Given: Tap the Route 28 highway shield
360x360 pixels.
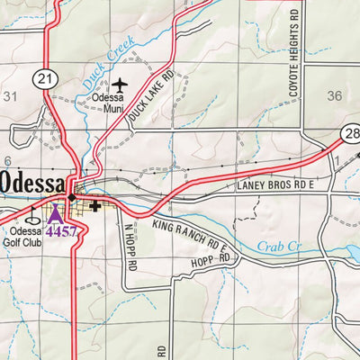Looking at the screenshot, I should (x=351, y=134).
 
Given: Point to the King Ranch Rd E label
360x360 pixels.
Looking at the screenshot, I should (x=192, y=231).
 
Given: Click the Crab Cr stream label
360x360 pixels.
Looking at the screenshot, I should (x=274, y=244).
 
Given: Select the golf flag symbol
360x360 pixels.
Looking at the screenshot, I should (x=33, y=215).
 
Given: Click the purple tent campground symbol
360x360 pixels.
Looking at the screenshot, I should (x=55, y=214).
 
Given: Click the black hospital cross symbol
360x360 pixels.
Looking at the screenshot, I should (x=94, y=206).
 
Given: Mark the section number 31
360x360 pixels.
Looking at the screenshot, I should (x=11, y=95).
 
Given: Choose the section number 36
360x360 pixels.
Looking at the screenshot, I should (x=335, y=95).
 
